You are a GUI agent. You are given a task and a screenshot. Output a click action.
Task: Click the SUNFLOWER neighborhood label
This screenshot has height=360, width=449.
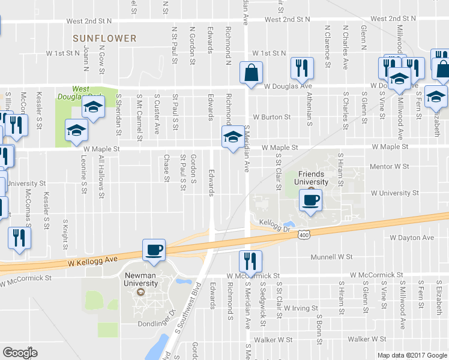(104, 38)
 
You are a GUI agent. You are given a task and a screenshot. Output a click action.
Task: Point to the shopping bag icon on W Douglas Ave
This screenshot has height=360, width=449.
(251, 73)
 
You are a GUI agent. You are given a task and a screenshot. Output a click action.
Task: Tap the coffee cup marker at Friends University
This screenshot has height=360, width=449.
(310, 200)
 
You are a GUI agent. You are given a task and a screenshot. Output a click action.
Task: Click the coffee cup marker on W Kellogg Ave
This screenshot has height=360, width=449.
(153, 250)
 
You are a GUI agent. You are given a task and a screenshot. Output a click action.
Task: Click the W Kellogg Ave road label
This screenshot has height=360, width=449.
(90, 262)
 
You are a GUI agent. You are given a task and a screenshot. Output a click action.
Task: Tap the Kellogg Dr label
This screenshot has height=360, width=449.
(275, 223)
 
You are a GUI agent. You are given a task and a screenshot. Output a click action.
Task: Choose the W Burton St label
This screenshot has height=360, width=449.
(271, 117)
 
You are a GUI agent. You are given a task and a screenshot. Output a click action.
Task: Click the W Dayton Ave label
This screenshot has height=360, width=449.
(411, 238)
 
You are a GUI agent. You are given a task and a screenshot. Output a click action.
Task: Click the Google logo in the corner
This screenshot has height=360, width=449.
(20, 353)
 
